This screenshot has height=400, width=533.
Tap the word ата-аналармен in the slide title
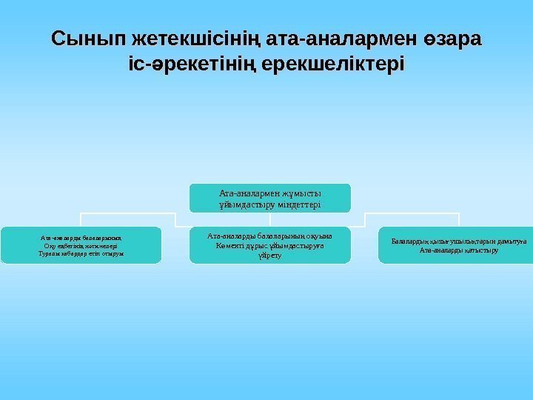(326, 38)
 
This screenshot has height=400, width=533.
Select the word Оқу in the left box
(51, 245)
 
